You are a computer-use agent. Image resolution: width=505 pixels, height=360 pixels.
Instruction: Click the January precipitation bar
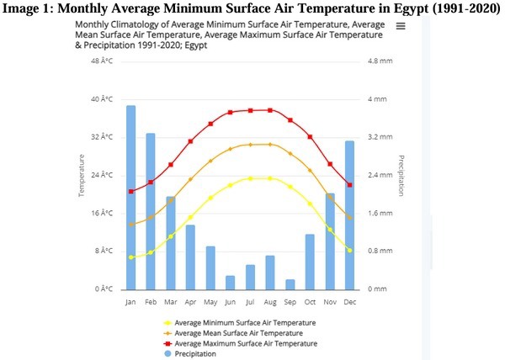pos(130,197)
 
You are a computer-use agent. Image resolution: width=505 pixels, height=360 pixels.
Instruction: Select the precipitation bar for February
pos(151,210)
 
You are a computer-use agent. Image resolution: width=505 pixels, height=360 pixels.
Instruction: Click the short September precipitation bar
pos(290,283)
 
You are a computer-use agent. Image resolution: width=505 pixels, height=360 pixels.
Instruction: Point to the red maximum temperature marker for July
pos(250,110)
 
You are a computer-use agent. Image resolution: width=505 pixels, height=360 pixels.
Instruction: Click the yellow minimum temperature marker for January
pos(130,257)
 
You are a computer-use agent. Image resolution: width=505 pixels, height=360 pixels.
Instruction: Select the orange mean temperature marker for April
pos(190,179)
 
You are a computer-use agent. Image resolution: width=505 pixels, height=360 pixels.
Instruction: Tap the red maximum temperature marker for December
pos(349,185)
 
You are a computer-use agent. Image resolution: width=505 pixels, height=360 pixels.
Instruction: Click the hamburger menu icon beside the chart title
pos(401,26)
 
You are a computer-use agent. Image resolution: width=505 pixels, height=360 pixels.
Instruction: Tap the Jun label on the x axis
pos(230,301)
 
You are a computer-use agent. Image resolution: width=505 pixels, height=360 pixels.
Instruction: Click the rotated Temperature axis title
pos(82,175)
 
